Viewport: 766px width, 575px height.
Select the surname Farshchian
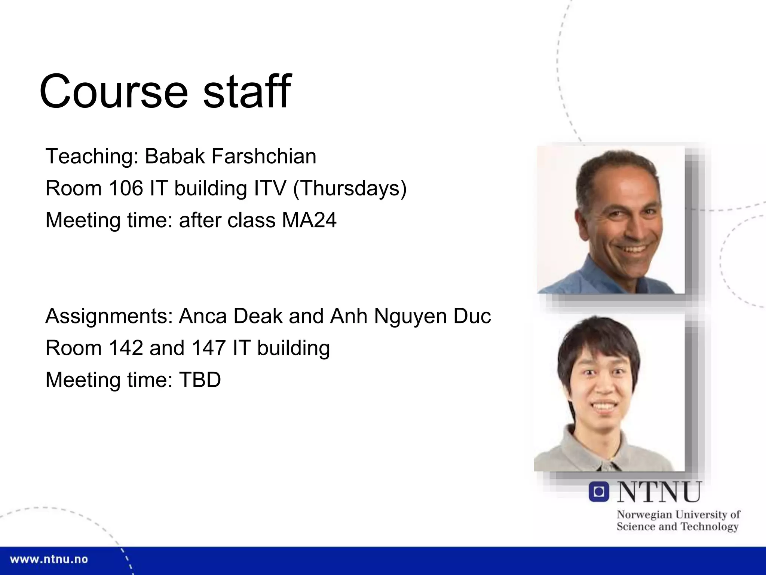[x=264, y=156]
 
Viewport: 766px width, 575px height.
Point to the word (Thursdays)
[x=350, y=188]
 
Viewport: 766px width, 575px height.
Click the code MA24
[x=309, y=220]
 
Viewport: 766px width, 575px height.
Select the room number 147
[x=209, y=348]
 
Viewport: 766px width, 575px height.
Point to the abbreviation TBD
[x=200, y=380]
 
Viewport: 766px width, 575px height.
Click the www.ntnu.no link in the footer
[x=49, y=560]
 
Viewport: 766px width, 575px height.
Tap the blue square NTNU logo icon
[x=598, y=492]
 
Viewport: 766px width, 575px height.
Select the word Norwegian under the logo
[x=644, y=515]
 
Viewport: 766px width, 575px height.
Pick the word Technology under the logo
[x=709, y=527]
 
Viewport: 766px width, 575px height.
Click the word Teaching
[x=92, y=156]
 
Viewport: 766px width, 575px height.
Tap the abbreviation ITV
[x=270, y=188]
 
